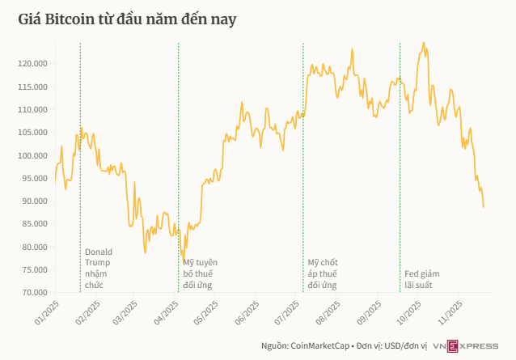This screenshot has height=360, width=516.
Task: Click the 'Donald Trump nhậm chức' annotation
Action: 99,268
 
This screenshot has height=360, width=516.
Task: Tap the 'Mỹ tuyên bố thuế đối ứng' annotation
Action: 200,274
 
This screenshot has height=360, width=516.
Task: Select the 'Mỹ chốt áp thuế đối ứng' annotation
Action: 323,274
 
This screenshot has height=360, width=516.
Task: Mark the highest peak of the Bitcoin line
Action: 423,43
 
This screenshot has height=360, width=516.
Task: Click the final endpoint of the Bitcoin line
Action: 484,207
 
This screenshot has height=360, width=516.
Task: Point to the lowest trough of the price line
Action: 184,260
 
